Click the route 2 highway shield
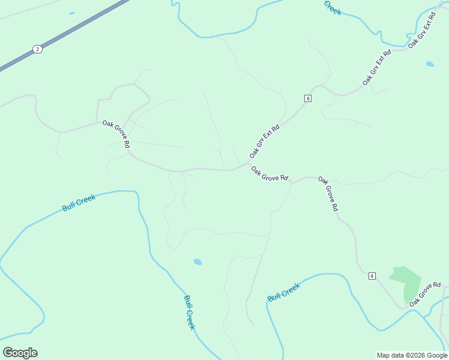pos(38,49)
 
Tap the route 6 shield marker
pos(308,98)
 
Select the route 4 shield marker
pos(372,276)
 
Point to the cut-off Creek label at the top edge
pos(333,7)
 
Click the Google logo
pos(20,353)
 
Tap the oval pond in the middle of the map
pos(197,262)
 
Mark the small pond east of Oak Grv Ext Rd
pos(430,64)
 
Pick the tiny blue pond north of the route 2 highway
pos(72,13)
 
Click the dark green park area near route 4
pos(406,282)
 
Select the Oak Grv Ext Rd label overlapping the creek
pos(421,28)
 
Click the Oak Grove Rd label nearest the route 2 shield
pos(116,134)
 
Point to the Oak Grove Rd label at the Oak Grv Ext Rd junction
pos(270,174)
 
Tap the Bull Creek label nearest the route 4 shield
pos(283,293)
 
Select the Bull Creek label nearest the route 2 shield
pos(79,202)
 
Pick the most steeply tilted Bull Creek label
pos(189,312)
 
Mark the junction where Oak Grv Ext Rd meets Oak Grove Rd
pos(249,163)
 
